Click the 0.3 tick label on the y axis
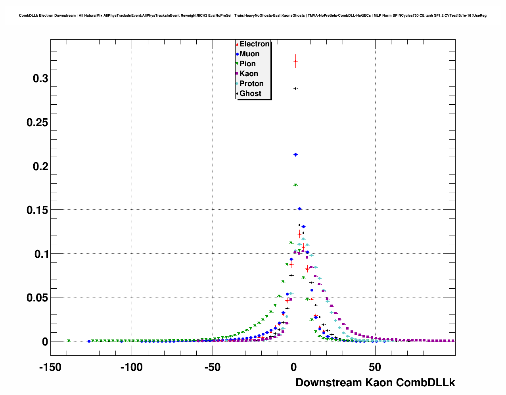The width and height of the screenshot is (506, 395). pyautogui.click(x=40, y=79)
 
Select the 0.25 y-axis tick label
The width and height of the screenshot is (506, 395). pyautogui.click(x=37, y=123)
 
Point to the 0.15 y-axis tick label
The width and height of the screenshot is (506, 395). pyautogui.click(x=37, y=210)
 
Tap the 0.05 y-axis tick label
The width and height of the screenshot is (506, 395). pyautogui.click(x=37, y=298)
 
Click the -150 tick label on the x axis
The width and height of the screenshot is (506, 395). pyautogui.click(x=50, y=368)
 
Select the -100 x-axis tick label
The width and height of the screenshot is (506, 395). pyautogui.click(x=131, y=368)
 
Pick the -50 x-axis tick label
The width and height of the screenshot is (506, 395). pyautogui.click(x=213, y=368)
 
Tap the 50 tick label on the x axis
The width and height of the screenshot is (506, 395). pyautogui.click(x=375, y=368)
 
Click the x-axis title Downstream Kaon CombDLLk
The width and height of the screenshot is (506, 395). pyautogui.click(x=375, y=383)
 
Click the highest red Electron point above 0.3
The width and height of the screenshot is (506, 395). pyautogui.click(x=295, y=61)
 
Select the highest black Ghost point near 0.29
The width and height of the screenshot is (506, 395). pyautogui.click(x=295, y=88)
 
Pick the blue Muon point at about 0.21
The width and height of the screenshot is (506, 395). pyautogui.click(x=295, y=155)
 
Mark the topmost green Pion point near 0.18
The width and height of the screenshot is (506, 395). pyautogui.click(x=295, y=185)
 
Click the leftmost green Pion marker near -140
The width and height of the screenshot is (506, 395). pyautogui.click(x=69, y=341)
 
